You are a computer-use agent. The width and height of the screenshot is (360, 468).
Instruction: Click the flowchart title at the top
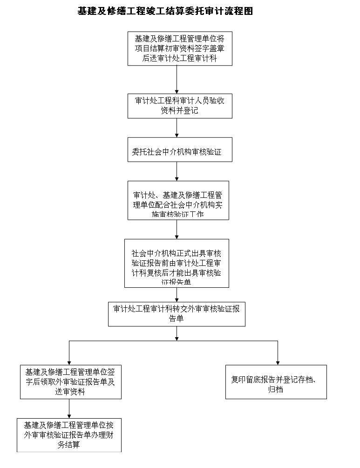tap(165, 11)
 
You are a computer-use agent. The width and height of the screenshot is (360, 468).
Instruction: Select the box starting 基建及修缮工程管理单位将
tap(180, 48)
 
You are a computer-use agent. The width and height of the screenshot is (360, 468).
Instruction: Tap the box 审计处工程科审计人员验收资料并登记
tap(180, 106)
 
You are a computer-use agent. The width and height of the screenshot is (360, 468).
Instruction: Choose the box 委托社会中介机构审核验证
tap(180, 149)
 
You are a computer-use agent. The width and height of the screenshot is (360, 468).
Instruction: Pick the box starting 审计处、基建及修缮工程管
tap(178, 200)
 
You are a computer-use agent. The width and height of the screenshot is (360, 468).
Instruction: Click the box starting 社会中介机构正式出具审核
tap(176, 263)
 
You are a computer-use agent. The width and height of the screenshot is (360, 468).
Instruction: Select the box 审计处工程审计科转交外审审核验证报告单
tap(177, 314)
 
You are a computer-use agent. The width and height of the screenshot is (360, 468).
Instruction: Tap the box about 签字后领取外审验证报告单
tap(69, 382)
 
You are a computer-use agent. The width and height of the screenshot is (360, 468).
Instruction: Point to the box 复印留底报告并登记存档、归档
tap(276, 382)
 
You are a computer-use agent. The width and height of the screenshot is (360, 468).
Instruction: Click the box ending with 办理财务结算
tap(69, 435)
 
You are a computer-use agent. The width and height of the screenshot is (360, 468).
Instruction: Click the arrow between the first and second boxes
tap(177, 80)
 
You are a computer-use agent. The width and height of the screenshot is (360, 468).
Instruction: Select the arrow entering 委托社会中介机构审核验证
tap(177, 128)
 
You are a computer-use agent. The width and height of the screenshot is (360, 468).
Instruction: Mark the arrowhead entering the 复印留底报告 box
tap(278, 362)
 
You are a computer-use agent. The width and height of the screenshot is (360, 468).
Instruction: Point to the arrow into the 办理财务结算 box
tap(69, 409)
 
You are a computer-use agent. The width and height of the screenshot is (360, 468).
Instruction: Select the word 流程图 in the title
tap(241, 11)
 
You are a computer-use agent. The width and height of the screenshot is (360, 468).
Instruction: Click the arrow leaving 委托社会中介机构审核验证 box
tap(177, 171)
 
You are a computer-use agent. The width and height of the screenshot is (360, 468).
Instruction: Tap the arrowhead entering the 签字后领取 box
tap(69, 362)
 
